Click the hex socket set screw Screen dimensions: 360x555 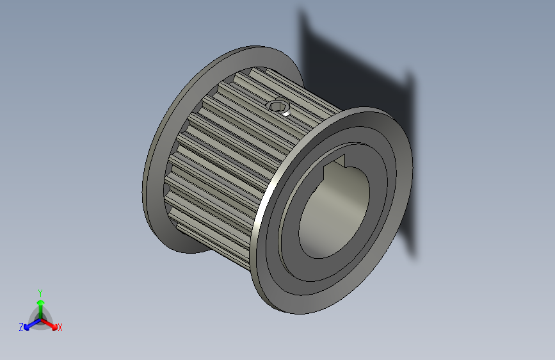pos(278,106)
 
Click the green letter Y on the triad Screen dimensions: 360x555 pos(40,291)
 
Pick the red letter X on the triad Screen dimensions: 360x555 pos(60,328)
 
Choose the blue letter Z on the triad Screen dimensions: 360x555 pos(21,327)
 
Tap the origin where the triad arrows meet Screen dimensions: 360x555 pos(40,318)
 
